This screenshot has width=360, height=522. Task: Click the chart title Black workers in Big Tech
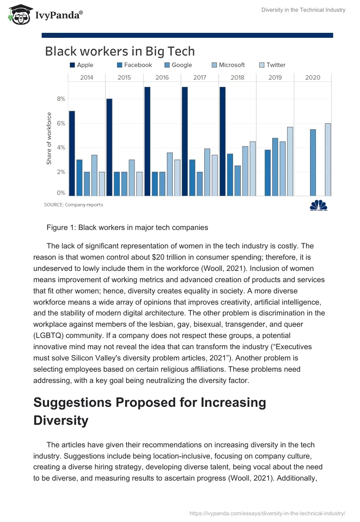point(120,51)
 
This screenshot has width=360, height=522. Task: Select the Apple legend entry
point(81,65)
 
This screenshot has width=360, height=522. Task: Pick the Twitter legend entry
point(272,65)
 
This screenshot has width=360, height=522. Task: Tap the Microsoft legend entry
point(228,65)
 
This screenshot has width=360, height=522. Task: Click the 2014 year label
point(87,77)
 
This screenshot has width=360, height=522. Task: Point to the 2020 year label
point(313,77)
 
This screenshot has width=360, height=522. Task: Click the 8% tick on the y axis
point(61,99)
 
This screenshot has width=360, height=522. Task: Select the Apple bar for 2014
point(72,153)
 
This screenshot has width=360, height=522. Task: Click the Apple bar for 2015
point(109,147)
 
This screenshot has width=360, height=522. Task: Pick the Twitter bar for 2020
point(328,159)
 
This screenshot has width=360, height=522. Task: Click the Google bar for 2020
point(313,162)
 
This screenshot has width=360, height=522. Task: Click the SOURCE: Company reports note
point(73,205)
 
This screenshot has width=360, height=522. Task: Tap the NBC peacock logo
point(319,205)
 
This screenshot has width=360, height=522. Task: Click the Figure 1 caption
point(127,227)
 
